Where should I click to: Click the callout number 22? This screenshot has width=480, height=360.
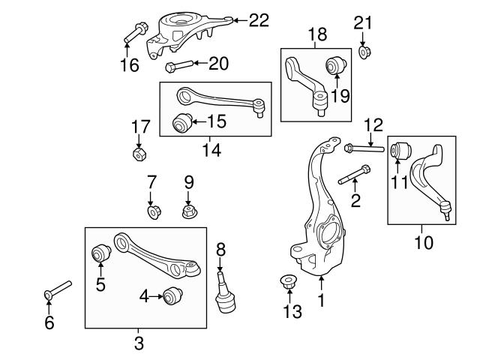tap(258, 21)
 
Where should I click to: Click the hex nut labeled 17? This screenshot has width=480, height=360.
tap(139, 155)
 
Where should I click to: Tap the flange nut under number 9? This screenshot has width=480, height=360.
tap(189, 212)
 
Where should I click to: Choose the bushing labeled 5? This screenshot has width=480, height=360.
tap(100, 255)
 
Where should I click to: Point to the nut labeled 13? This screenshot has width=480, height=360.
tap(288, 282)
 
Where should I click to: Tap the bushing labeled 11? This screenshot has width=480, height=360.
tap(399, 149)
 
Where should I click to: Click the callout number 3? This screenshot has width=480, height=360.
tap(138, 343)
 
